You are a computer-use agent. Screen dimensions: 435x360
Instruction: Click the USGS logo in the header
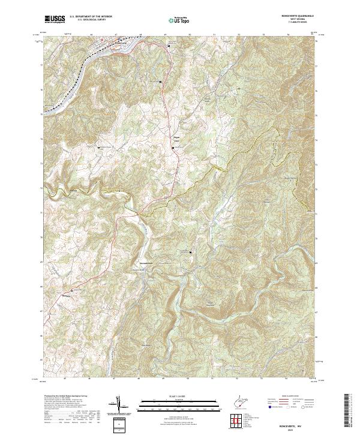[x=55, y=20]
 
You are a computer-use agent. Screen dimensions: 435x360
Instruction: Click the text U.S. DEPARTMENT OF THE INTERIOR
[x=91, y=17]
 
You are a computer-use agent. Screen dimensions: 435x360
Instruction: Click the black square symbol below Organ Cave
[x=173, y=148]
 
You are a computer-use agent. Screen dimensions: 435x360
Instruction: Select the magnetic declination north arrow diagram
[x=119, y=406]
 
